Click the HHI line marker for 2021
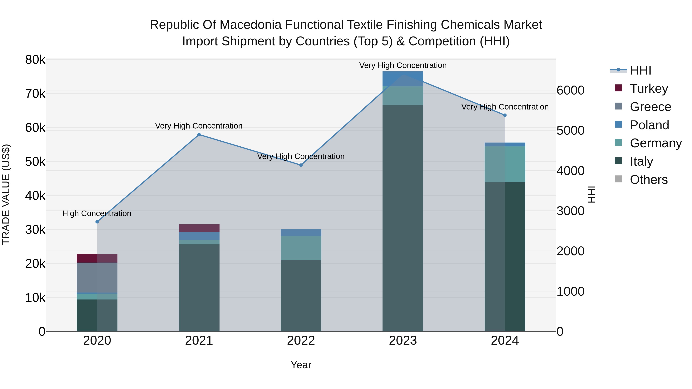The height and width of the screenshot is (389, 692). pos(199,134)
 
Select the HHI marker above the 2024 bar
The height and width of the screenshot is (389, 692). pos(505,115)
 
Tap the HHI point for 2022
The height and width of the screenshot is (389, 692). pos(301,165)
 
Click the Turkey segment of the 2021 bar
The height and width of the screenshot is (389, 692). pos(199,228)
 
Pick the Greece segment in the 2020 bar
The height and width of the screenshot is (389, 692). pos(97,277)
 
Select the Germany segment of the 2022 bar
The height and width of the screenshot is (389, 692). pos(301,248)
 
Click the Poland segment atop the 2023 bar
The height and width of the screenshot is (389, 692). pos(403,79)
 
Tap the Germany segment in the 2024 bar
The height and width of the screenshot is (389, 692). pos(505,164)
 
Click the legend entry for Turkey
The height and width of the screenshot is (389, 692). pos(649,89)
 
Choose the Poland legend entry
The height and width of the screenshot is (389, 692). pos(649,125)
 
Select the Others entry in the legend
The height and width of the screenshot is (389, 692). pos(649,180)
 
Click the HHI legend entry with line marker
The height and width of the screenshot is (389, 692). pos(640,70)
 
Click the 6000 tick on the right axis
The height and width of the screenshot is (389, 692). pos(570,90)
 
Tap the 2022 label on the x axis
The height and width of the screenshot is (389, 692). pos(301,341)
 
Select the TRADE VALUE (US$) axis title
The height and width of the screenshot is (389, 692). pos(6,194)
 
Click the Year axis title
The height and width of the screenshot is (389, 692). pos(301,365)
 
